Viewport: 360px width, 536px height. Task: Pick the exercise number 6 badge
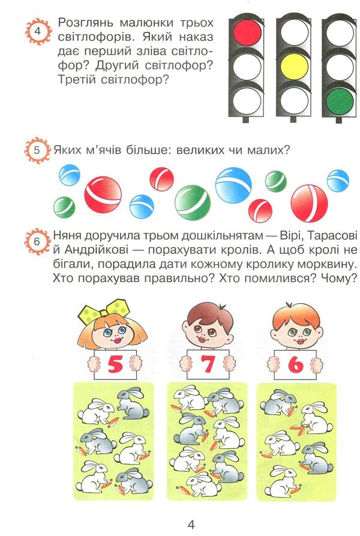37,242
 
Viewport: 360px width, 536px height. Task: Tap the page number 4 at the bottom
191,524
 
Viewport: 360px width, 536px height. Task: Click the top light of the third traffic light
340,32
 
